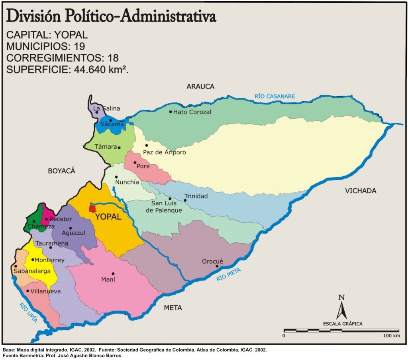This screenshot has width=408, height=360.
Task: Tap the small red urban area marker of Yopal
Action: click(x=92, y=209)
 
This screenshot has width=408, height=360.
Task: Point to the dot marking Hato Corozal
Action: click(x=171, y=112)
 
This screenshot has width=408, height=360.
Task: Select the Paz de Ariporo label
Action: click(x=165, y=152)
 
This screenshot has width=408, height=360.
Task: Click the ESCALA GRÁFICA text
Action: click(x=342, y=324)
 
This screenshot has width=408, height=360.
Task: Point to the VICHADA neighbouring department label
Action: click(x=361, y=191)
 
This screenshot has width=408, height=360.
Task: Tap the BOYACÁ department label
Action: click(x=61, y=171)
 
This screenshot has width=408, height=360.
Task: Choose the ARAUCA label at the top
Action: click(x=200, y=87)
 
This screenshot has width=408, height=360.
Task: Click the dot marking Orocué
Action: click(x=217, y=266)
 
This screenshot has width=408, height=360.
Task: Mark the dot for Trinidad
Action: click(x=185, y=200)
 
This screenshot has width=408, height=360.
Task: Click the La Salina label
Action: click(x=106, y=108)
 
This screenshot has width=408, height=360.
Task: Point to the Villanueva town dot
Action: click(x=27, y=291)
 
